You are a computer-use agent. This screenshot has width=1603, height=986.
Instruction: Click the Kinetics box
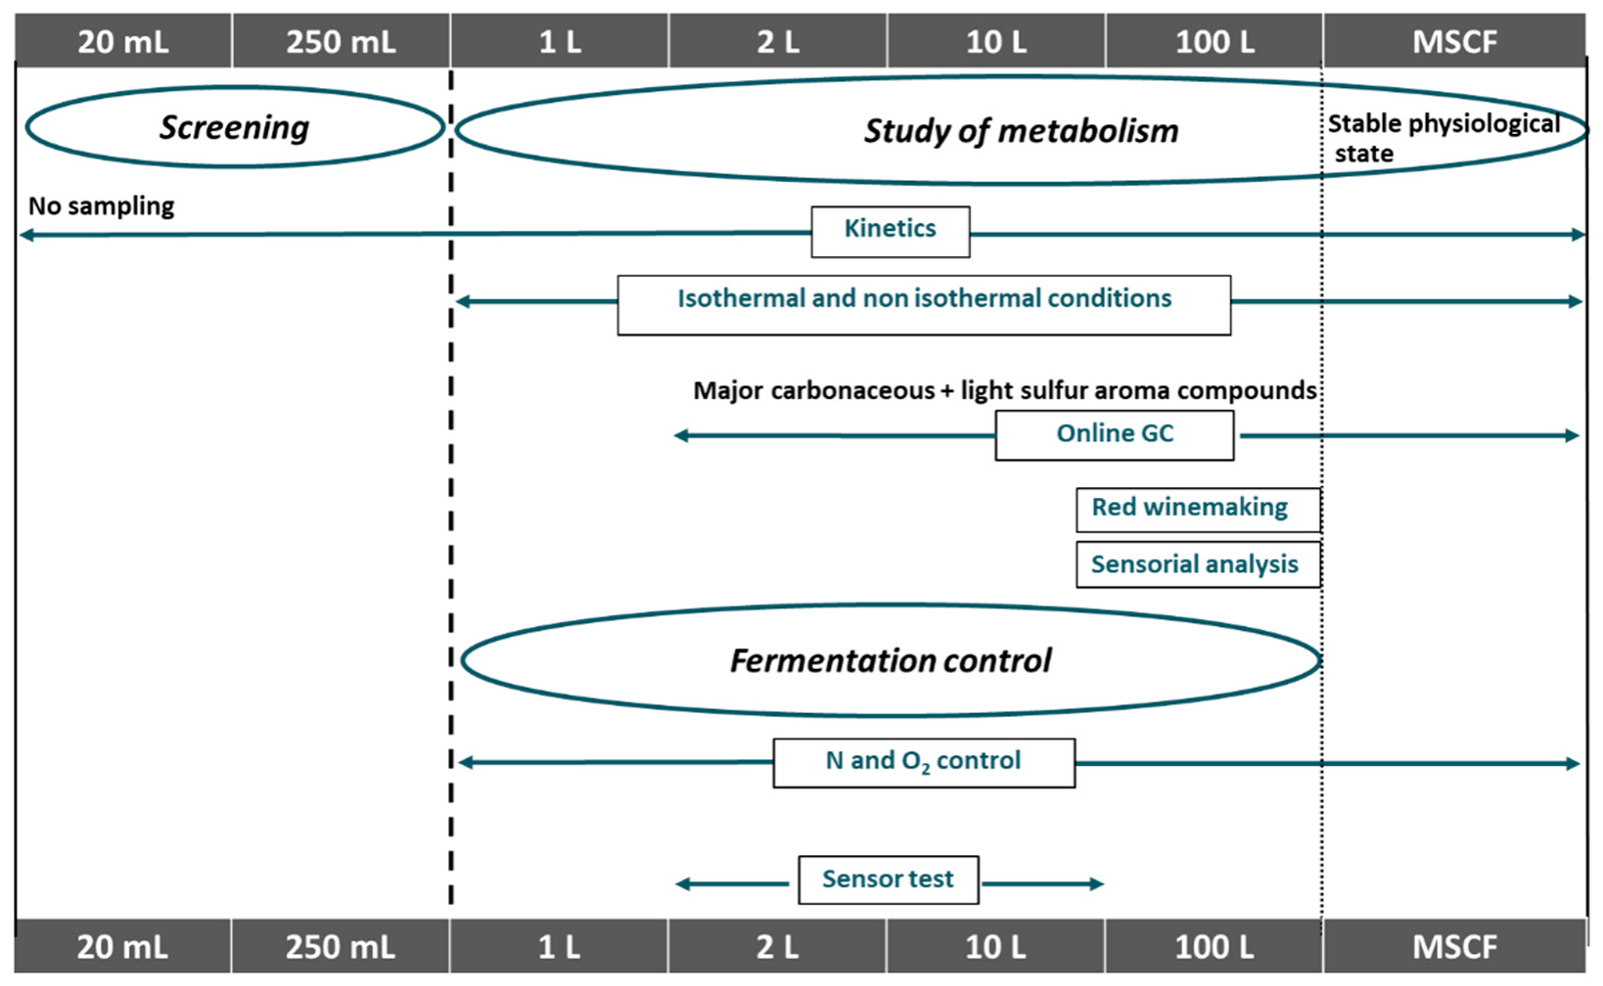[890, 231]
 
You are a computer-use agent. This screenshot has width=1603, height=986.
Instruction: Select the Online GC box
[1114, 434]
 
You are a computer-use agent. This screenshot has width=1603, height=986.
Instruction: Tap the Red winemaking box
[1197, 509]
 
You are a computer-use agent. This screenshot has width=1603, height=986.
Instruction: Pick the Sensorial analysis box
[1197, 564]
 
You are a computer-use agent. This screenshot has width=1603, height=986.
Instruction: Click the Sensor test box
[888, 879]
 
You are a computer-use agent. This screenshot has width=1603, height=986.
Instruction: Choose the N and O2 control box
[923, 762]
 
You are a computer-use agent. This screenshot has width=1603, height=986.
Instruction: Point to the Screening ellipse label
[234, 127]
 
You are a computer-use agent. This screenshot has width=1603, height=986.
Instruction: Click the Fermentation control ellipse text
[890, 661]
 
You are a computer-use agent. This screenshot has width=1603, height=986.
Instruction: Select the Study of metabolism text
[1020, 131]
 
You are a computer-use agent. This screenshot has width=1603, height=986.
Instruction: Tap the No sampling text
[101, 206]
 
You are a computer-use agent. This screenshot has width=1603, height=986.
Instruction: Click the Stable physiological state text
[1442, 138]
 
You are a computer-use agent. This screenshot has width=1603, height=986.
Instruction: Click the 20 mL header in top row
[122, 41]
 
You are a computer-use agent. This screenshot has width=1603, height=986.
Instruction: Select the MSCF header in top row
[1454, 41]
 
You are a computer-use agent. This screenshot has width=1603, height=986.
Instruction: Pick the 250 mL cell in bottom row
[340, 947]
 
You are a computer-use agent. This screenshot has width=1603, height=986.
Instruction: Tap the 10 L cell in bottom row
[995, 947]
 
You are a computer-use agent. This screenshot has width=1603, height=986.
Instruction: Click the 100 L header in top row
[1214, 41]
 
